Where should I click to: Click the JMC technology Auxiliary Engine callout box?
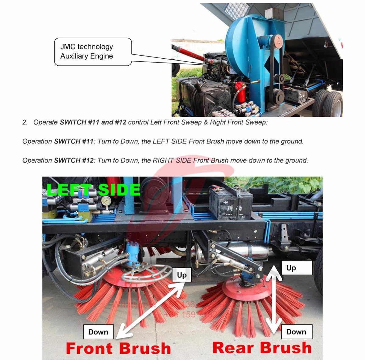tap(93, 51)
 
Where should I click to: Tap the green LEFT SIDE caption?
tap(93, 190)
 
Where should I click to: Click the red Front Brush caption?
tap(118, 348)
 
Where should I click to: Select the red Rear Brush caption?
tap(262, 348)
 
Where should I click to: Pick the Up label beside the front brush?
tap(182, 275)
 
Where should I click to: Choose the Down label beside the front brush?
tap(98, 332)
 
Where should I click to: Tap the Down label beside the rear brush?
tap(296, 332)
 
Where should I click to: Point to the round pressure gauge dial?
tap(106, 201)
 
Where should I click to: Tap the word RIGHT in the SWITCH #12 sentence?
tap(163, 160)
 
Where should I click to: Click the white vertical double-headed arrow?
tap(276, 301)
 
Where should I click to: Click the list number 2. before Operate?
tap(25, 122)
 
